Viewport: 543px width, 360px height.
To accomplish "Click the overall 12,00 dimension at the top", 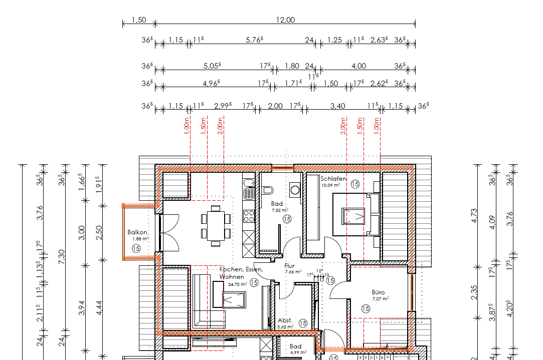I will point(285,20).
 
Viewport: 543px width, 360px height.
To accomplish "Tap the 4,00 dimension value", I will point(358,66).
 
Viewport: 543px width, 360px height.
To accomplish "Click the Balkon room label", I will point(137,232).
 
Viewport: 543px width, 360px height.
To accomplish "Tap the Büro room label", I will point(378,292).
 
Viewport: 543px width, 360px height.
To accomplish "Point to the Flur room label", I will point(289,266).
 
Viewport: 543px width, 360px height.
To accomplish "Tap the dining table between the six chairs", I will point(215,225).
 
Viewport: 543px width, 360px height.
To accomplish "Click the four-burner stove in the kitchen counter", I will point(249,216).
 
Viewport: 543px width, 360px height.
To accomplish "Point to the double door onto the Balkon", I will point(169,232).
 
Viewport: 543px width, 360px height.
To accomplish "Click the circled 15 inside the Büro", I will point(366,309).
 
